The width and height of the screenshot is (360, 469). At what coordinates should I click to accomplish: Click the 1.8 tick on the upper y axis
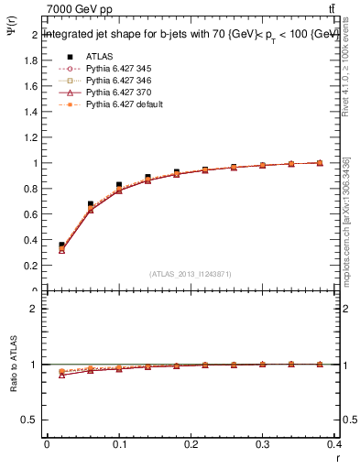point(32,60)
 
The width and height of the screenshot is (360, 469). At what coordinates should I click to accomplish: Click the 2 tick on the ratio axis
point(34,309)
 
